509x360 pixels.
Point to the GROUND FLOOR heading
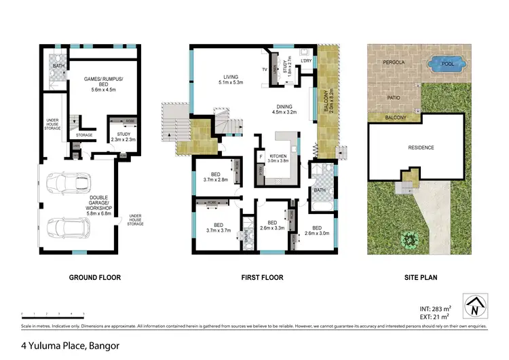[x=94, y=278]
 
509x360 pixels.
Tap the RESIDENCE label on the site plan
[x=421, y=147]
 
